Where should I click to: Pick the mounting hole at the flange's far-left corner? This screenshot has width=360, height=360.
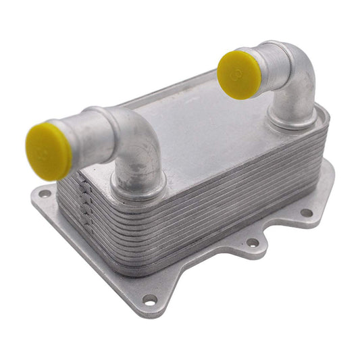tap(45, 194)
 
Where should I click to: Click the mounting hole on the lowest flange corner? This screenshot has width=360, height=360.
tap(149, 299)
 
